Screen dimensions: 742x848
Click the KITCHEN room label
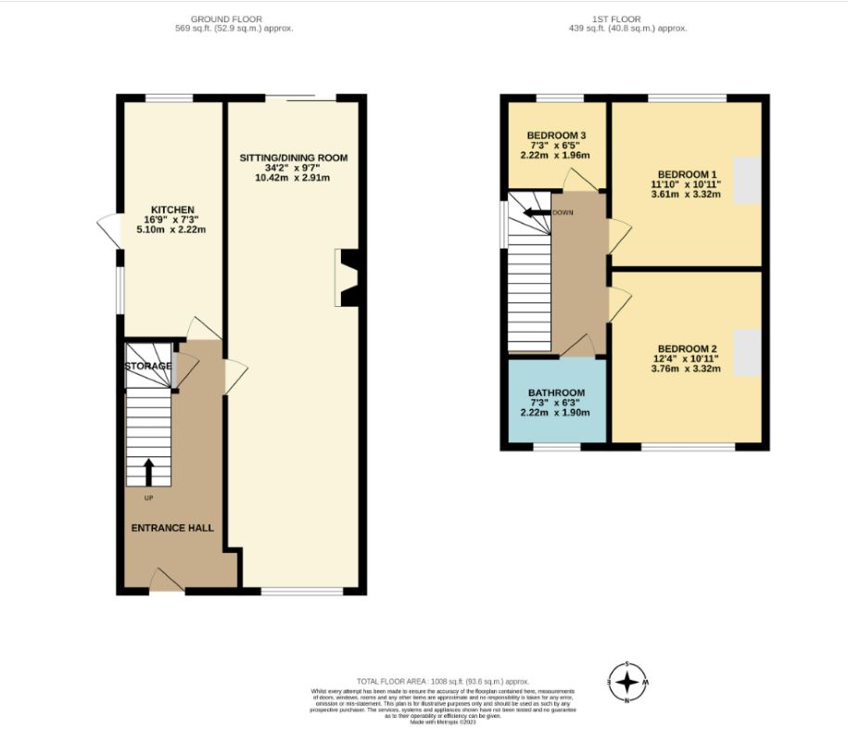[x=174, y=210]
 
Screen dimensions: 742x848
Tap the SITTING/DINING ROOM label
[x=293, y=158]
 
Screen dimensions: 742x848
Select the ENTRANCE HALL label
[x=171, y=528]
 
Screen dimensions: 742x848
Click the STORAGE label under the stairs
[x=148, y=365]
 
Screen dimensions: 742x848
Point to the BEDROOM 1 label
[x=687, y=174]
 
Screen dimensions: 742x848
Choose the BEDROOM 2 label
[x=687, y=346]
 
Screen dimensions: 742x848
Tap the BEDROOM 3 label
[x=556, y=136]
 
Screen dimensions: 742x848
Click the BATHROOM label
[x=556, y=392]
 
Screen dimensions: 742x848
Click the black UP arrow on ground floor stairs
[x=148, y=471]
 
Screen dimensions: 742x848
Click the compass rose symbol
[x=627, y=683]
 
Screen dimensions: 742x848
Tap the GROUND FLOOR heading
[x=226, y=19]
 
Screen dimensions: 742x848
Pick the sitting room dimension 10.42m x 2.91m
[x=293, y=178]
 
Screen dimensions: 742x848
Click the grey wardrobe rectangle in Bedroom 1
[x=747, y=182]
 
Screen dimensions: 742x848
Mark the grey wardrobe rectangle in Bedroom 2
[x=747, y=353]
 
